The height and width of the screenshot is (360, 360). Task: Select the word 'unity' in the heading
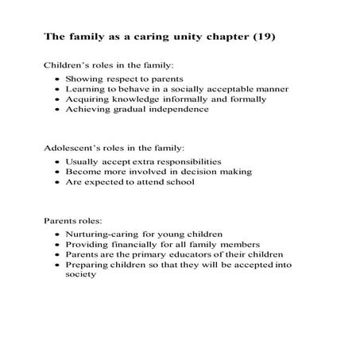click(194, 37)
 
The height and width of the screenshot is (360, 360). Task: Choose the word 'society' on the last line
click(80, 275)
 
